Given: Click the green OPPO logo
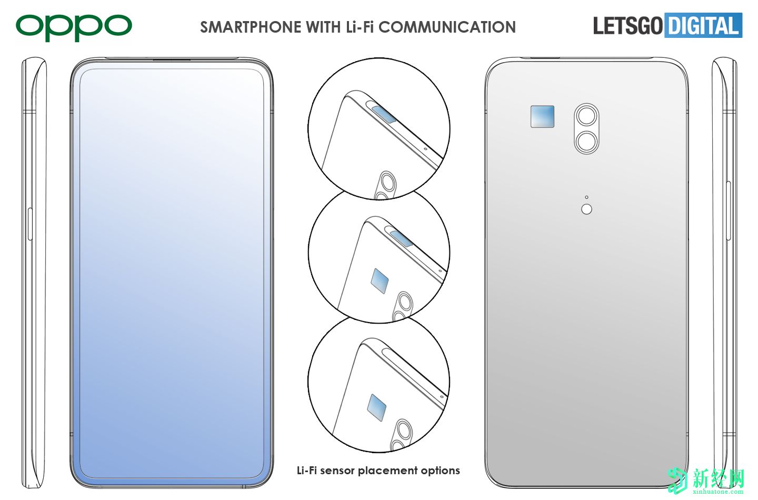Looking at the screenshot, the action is point(74,27).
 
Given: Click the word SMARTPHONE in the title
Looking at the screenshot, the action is point(251,27).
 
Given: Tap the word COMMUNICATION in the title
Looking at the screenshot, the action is point(447,27).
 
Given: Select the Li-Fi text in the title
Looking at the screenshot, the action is point(360,27).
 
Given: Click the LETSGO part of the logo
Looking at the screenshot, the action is point(627,26).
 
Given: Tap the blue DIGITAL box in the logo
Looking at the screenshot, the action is point(703,25).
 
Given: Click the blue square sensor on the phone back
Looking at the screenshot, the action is point(542,117).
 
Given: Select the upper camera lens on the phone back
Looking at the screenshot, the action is point(586,116).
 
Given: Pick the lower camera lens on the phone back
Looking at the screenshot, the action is point(586,141).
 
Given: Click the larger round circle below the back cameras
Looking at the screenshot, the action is point(586,209).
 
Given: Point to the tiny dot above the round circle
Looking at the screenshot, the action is point(586,197).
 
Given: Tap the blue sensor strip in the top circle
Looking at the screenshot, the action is point(384,114).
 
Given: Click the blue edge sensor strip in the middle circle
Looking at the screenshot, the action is point(401,238).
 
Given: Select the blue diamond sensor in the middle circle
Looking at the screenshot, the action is point(380,281).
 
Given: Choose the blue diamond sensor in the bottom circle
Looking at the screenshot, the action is point(377,407).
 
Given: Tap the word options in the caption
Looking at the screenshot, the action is point(440,471).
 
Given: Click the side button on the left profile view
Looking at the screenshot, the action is point(30,224).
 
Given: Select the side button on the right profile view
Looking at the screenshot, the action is point(728,211).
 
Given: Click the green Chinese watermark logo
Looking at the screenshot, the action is point(706,481).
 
